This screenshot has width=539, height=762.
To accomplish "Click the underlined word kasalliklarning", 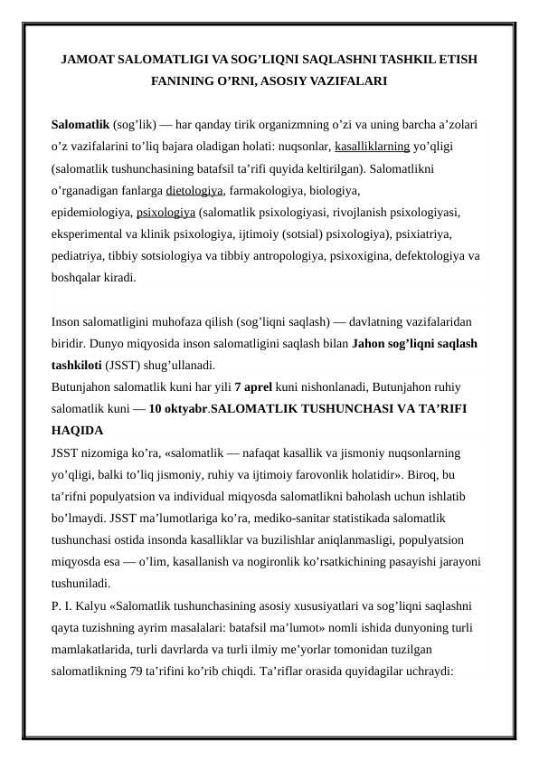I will tap(372, 146).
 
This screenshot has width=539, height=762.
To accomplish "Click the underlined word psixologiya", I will tap(165, 214).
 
